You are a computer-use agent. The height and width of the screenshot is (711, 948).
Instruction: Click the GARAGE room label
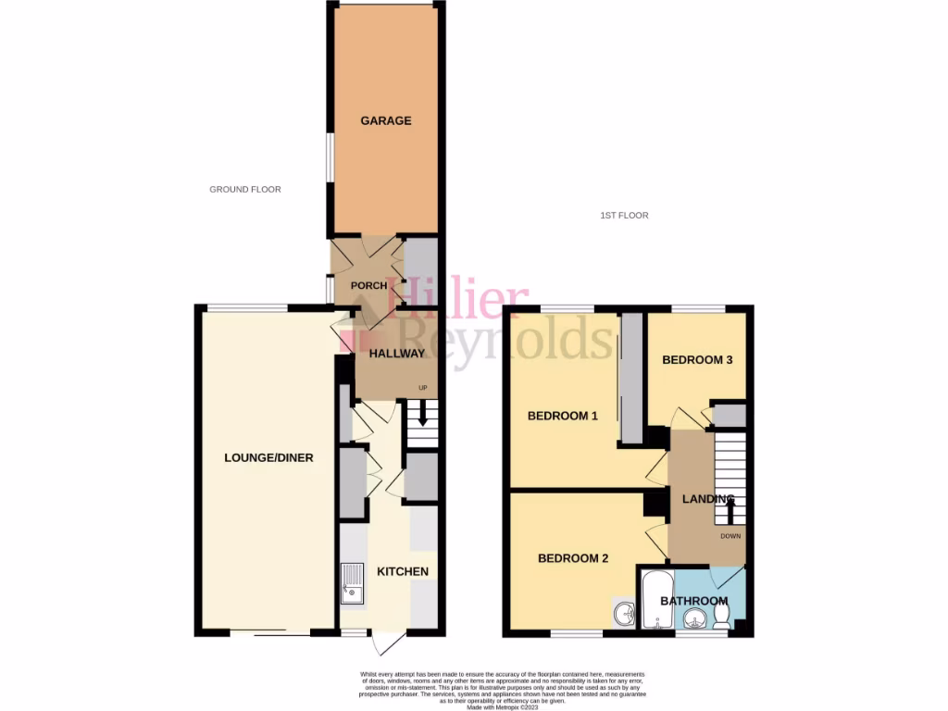point(386,121)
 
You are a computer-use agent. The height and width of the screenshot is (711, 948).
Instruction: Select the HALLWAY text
point(396,353)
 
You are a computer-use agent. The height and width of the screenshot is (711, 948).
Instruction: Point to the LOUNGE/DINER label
point(268,457)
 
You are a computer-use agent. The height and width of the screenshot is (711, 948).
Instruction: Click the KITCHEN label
point(402,571)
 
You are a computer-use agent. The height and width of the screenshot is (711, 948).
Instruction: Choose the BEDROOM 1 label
point(562,416)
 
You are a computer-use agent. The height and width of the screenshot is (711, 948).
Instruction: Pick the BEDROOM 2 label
point(573,558)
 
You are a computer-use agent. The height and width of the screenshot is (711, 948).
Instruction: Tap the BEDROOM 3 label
point(697,359)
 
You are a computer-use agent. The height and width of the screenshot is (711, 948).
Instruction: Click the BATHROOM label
point(693,601)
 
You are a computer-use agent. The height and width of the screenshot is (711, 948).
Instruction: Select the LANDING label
point(707,500)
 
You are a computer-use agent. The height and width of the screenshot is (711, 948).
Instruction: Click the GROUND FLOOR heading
point(244,190)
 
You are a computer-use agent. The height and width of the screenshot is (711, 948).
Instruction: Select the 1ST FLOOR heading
point(624,216)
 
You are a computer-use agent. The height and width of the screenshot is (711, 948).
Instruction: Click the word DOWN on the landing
point(731,536)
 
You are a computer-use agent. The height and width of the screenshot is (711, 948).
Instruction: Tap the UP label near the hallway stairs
point(423,388)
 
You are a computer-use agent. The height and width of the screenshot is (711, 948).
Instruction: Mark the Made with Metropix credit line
point(503,707)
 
